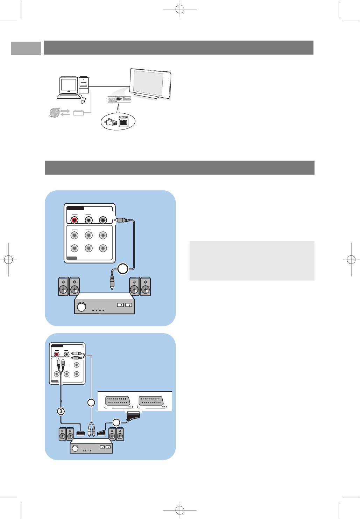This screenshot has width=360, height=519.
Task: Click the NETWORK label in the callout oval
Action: [123, 117]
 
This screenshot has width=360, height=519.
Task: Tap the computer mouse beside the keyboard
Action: [83, 101]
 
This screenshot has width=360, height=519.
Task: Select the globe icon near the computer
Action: [55, 112]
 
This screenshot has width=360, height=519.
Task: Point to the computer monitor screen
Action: [69, 85]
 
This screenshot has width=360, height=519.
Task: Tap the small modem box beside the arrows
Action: [78, 113]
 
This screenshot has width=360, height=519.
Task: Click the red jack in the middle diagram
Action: [75, 220]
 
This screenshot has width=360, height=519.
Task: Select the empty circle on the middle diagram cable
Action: [122, 269]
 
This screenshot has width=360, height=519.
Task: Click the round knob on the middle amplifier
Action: [82, 307]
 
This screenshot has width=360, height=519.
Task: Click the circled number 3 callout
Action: [61, 411]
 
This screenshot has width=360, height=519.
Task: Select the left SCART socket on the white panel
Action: [117, 401]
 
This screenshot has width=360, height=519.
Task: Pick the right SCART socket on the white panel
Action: [151, 401]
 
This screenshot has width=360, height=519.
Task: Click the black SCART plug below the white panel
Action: [133, 416]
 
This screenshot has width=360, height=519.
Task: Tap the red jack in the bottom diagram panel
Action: [57, 354]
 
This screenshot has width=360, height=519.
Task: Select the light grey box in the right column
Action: [252, 261]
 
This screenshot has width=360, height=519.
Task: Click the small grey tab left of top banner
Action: [26, 48]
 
